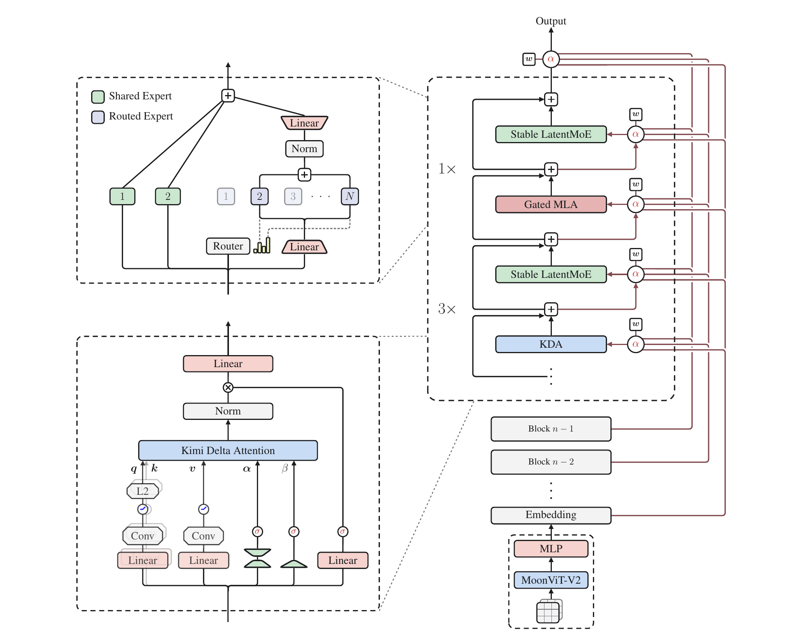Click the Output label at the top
[551, 21]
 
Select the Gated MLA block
[551, 204]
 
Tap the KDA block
[551, 344]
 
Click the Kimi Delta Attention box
[228, 450]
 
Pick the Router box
[228, 246]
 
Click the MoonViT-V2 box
[551, 580]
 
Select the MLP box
[551, 548]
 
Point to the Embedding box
[551, 515]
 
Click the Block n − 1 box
[551, 429]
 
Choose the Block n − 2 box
[551, 462]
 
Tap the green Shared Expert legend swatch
[98, 97]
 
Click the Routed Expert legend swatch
[98, 117]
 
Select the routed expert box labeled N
[350, 196]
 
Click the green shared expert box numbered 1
[122, 196]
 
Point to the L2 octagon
[142, 491]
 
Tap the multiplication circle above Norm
[228, 387]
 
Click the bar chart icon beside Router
[262, 245]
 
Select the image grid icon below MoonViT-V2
[549, 611]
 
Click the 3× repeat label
[447, 309]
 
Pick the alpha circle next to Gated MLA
[636, 204]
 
